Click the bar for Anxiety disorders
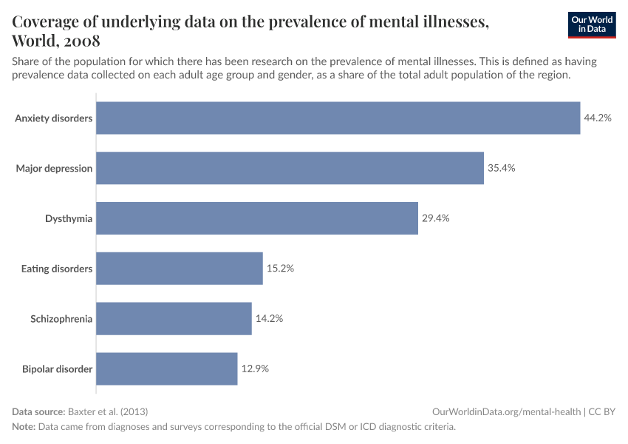(x=338, y=118)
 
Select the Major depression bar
(x=290, y=168)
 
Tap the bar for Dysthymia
(x=257, y=218)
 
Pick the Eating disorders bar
(x=180, y=269)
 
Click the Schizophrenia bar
(x=174, y=319)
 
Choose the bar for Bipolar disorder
(x=167, y=369)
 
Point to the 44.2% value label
(x=598, y=118)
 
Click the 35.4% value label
(x=501, y=168)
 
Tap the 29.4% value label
(x=435, y=218)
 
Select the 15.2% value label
(x=280, y=269)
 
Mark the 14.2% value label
(x=269, y=319)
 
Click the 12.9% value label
(x=255, y=369)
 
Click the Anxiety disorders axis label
(x=54, y=118)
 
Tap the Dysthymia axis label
(x=69, y=218)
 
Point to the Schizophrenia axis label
(x=61, y=319)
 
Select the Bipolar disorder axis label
(x=56, y=369)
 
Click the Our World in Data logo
(x=592, y=25)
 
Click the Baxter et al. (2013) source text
(x=112, y=411)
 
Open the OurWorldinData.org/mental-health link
(x=507, y=411)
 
